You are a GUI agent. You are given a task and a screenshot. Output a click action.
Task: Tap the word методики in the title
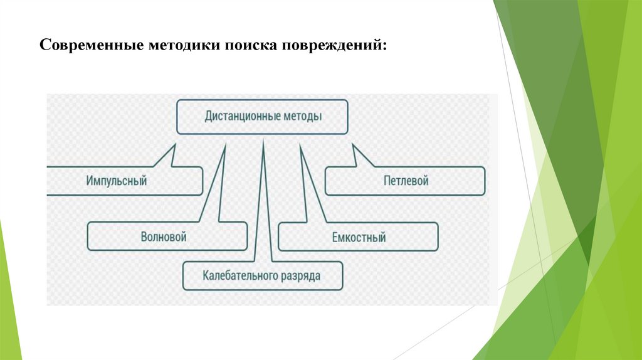(181, 46)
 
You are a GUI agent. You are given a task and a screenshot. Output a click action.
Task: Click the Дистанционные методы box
(263, 117)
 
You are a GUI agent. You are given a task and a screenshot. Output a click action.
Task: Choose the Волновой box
(164, 237)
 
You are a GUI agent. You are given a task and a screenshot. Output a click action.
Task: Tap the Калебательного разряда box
(263, 275)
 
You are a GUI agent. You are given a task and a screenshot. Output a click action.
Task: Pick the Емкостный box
(359, 237)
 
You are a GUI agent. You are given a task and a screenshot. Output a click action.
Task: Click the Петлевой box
(406, 181)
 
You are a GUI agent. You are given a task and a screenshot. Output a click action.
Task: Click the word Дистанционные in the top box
(239, 117)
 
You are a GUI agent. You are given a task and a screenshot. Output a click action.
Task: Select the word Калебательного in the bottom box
(237, 275)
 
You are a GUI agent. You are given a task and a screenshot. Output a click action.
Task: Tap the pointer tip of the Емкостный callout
(301, 146)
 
